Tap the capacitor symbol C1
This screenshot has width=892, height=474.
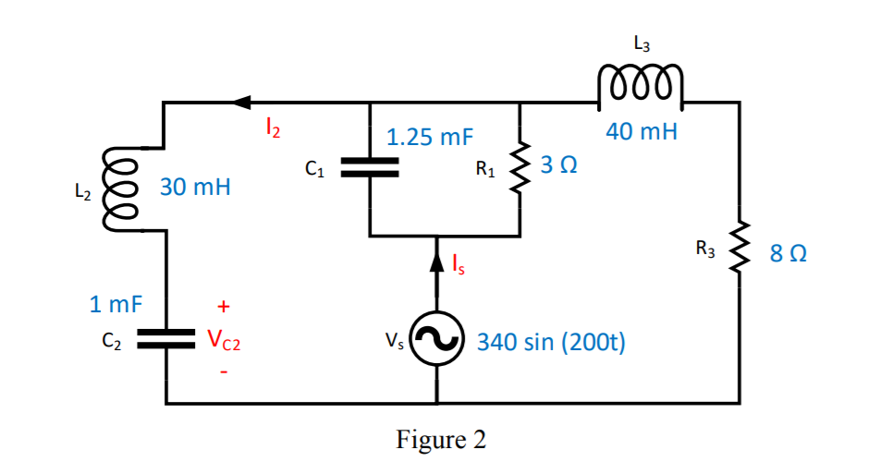click(370, 166)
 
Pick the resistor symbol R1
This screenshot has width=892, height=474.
click(519, 167)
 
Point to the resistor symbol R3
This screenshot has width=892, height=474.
click(739, 249)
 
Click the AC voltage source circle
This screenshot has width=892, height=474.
click(436, 343)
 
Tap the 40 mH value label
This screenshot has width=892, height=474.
click(642, 131)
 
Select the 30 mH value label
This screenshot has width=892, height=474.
click(195, 188)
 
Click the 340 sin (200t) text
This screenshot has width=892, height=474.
click(551, 343)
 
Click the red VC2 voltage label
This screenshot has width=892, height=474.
click(224, 341)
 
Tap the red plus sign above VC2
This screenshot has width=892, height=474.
click(223, 305)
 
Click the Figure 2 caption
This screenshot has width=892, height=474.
click(441, 440)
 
